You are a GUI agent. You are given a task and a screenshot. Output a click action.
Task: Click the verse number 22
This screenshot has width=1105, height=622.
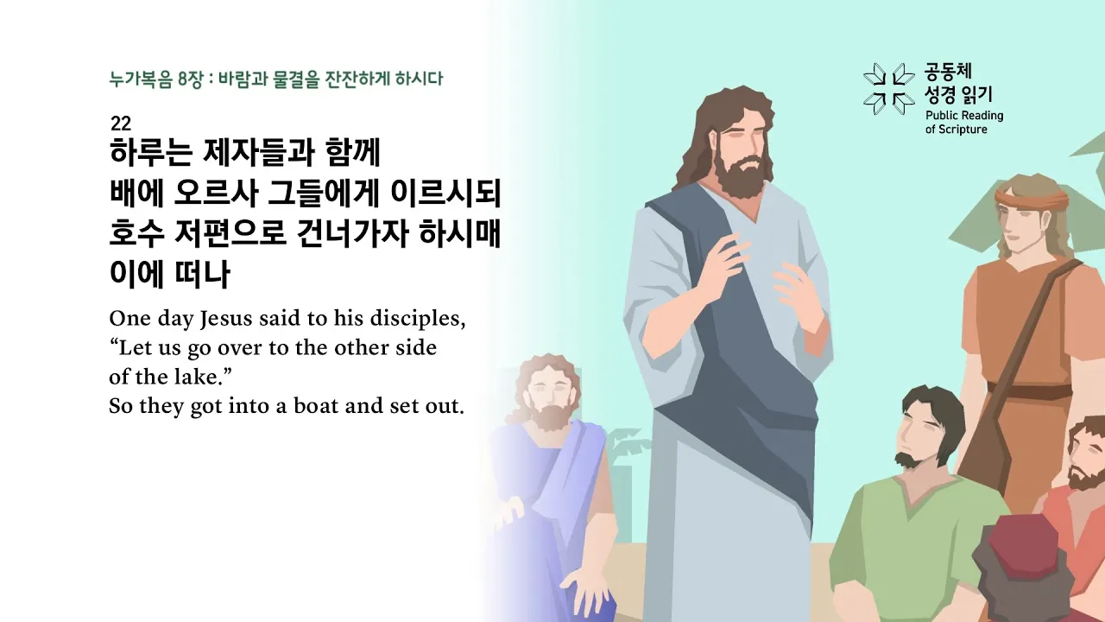[x=120, y=124]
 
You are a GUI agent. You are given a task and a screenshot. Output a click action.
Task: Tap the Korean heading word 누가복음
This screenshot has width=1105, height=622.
[x=141, y=79]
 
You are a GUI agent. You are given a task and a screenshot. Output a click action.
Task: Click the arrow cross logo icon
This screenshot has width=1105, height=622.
[x=888, y=88]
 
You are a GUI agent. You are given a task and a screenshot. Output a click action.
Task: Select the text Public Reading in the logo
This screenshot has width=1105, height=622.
[x=964, y=116]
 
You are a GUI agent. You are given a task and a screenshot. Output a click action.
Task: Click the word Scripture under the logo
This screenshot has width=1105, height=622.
[x=962, y=130]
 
